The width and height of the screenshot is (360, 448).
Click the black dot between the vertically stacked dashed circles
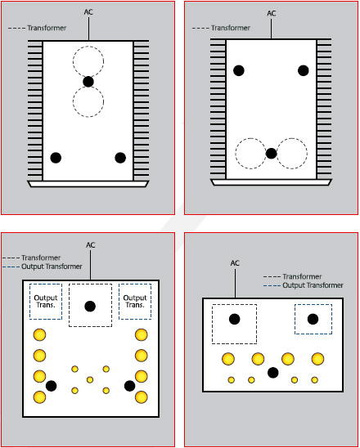point(88,82)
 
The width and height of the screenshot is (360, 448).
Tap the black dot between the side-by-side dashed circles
point(272,154)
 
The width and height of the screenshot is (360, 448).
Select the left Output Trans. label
point(46,301)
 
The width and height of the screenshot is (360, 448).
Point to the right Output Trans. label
point(135,301)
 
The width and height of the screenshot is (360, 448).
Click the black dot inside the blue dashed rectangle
point(313,319)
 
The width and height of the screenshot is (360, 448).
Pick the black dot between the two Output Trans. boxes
point(90,306)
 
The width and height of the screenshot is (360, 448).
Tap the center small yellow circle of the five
point(90,379)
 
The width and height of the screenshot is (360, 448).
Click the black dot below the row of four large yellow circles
point(273,373)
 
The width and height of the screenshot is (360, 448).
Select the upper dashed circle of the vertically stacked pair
point(88,61)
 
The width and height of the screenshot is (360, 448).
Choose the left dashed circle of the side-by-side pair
point(236,154)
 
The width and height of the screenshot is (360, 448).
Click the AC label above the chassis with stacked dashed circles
point(88,12)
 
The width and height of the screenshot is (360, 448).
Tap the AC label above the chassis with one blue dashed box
point(235,263)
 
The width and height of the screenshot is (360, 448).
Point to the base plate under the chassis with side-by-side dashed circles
point(272,182)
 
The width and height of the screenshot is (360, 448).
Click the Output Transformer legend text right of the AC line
point(313,285)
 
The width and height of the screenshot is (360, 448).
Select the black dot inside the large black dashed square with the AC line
point(235,319)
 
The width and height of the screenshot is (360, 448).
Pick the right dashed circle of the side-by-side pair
point(308,154)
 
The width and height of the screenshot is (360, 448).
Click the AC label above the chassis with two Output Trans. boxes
point(90,245)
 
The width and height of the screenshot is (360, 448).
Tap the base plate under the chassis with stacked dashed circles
point(88,184)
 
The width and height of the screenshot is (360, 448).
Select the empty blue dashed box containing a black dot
point(313,304)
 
